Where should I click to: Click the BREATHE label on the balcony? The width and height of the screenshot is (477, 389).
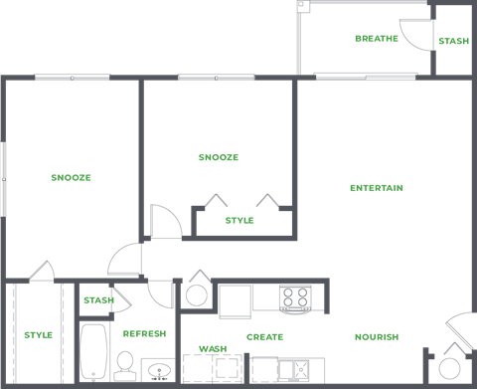click(x=376, y=39)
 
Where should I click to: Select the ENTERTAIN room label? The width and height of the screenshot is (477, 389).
click(x=376, y=188)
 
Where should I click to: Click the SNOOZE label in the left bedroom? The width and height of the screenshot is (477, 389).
click(x=71, y=177)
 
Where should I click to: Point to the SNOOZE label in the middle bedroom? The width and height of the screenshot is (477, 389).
click(x=218, y=157)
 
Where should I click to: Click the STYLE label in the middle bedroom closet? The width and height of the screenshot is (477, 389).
click(x=239, y=220)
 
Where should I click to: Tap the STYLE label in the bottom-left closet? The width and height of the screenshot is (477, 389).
click(x=38, y=334)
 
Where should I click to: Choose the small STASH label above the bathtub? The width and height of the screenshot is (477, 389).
click(x=97, y=299)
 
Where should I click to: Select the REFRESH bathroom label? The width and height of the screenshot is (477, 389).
click(x=143, y=334)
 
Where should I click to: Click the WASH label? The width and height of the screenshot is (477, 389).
click(x=212, y=348)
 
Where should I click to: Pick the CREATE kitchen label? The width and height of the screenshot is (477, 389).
click(x=264, y=336)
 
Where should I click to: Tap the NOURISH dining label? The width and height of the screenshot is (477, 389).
click(x=376, y=336)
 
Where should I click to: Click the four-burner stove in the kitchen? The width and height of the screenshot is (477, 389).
click(x=294, y=296)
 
